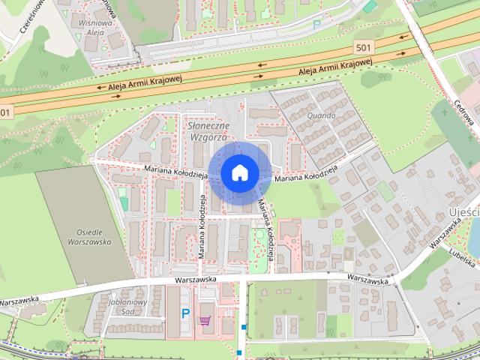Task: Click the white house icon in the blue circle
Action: tap(239, 172)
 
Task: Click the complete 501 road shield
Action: tap(363, 47)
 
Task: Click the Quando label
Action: tap(320, 116)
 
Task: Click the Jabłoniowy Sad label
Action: tap(121, 306)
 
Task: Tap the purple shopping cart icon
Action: tap(205, 320)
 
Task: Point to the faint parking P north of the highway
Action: tap(316, 25)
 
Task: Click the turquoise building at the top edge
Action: tap(370, 6)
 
